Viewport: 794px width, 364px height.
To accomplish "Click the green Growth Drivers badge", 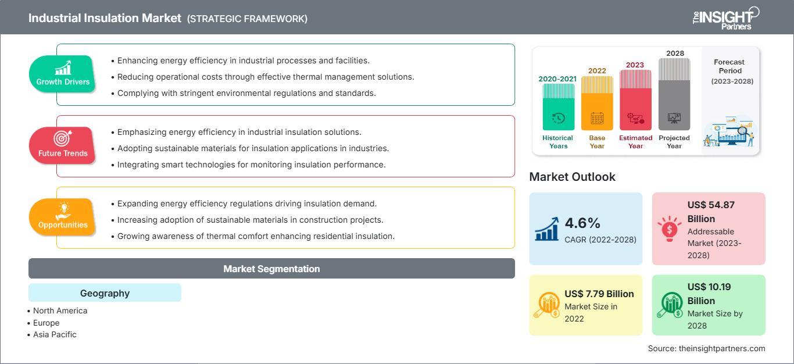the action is click(x=62, y=74).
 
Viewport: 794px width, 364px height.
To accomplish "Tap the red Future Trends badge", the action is click(x=62, y=145).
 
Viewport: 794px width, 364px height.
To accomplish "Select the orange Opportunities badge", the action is click(x=62, y=217).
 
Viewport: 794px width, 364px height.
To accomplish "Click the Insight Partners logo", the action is click(x=726, y=19).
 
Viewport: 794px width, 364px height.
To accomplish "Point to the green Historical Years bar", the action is click(x=558, y=107).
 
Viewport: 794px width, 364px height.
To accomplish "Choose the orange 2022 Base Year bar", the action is click(x=597, y=103).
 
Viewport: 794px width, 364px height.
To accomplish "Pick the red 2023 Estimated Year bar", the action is click(x=635, y=100).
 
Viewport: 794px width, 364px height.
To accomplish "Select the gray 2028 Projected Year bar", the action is click(x=674, y=94).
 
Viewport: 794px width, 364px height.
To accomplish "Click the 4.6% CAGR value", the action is click(x=582, y=223).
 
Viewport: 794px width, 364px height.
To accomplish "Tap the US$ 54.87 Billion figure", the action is click(x=711, y=212).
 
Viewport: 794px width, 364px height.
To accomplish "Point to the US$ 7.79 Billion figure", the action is click(x=599, y=294).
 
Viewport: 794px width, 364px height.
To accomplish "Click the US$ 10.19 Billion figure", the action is click(x=709, y=294).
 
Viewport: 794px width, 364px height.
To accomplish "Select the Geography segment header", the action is click(x=105, y=292).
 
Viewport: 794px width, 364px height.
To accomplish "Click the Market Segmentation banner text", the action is click(x=271, y=269).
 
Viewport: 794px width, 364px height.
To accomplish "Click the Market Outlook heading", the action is click(x=572, y=177).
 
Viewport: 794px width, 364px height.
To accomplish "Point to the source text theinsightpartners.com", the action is click(x=722, y=348).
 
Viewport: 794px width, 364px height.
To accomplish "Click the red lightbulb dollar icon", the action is click(x=669, y=229).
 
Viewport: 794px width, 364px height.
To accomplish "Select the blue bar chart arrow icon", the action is click(x=547, y=229).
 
